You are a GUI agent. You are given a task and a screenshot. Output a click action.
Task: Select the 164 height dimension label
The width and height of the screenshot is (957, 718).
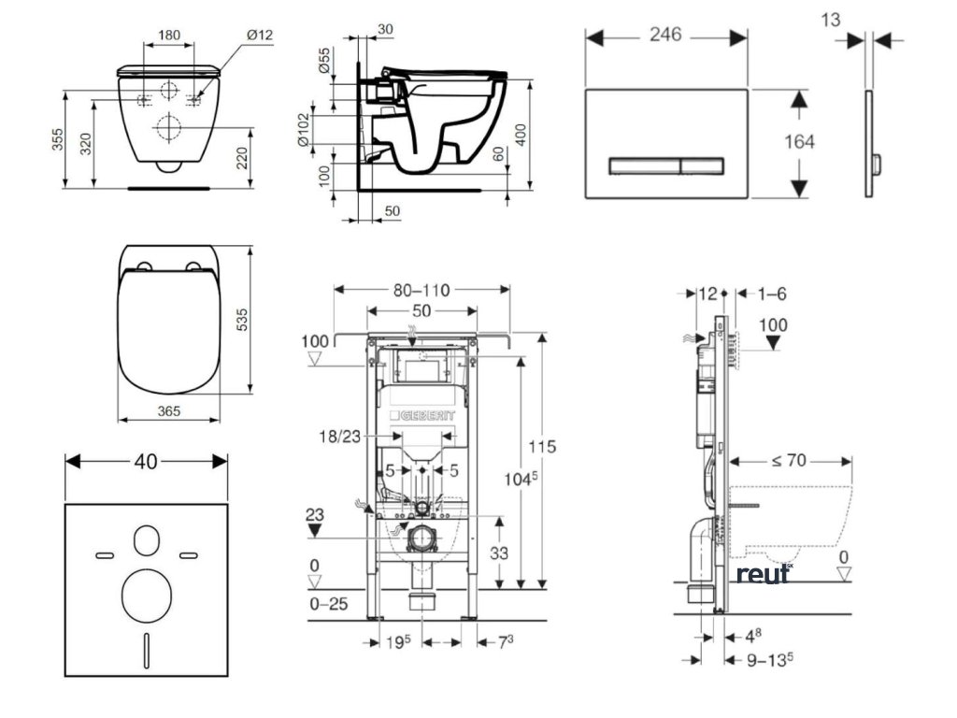point(801,142)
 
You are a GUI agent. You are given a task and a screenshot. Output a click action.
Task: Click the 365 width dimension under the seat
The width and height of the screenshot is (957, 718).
point(168,410)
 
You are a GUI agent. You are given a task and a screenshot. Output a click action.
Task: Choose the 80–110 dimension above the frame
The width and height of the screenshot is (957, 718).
point(421,290)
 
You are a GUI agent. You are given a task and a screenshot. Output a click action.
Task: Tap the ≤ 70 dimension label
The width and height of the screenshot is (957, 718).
point(789,459)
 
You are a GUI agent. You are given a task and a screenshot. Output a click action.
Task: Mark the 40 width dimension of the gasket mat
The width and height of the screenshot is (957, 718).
point(145,460)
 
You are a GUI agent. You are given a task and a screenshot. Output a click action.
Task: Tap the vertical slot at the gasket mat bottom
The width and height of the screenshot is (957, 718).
point(147,648)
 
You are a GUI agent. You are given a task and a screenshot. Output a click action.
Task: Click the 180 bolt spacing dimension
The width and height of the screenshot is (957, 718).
point(169,36)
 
